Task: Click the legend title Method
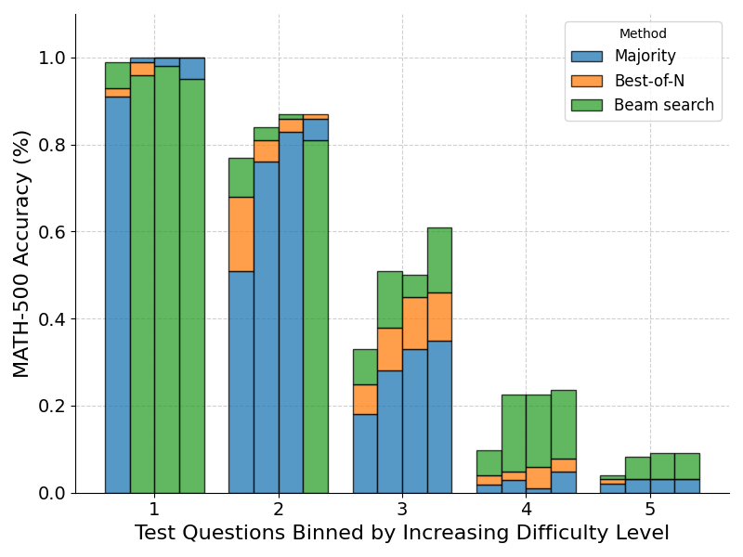[643, 34]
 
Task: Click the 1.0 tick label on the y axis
[51, 58]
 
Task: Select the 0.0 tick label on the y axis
[51, 493]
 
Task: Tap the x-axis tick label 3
[402, 509]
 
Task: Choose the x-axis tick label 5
[650, 509]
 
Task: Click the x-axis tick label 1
[154, 509]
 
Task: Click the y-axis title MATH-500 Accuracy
[22, 253]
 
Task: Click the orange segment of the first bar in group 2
[241, 234]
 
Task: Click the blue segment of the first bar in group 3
[365, 453]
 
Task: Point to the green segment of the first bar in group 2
[241, 177]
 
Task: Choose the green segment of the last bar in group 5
[686, 466]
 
